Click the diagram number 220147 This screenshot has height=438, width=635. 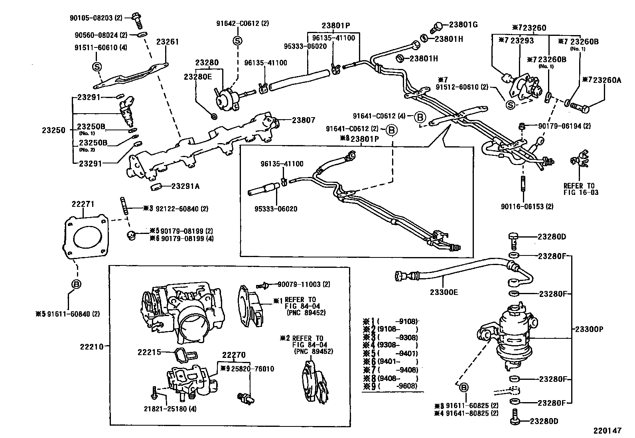pos(607,430)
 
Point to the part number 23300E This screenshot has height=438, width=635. pos(444,292)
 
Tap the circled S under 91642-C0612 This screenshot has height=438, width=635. pos(237,41)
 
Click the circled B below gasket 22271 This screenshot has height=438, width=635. pos(76,284)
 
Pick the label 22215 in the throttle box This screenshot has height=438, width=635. pos(149,352)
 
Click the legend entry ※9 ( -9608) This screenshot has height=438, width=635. pos(390,386)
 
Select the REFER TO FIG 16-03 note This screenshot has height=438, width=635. pos(579,189)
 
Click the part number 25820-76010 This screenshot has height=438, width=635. pos(250,369)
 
